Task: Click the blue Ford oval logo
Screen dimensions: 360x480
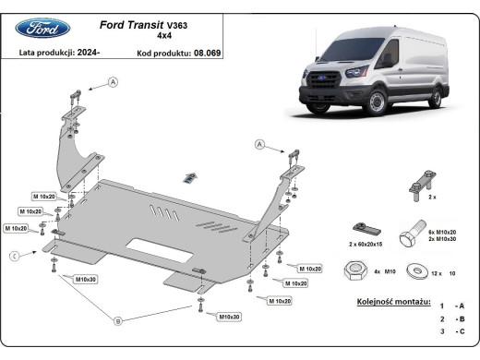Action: click(42, 28)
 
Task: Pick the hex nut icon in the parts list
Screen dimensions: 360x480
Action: click(351, 271)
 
